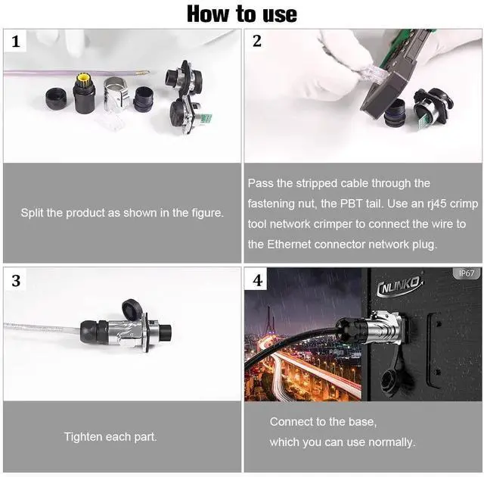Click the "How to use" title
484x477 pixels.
[242, 14]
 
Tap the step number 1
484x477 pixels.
[16, 42]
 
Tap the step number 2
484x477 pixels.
[257, 41]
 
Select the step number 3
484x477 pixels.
[16, 281]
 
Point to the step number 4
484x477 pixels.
[258, 280]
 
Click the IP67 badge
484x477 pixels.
[467, 273]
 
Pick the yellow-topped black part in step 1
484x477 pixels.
[83, 94]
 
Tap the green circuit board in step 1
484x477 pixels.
[205, 120]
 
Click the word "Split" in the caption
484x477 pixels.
[33, 213]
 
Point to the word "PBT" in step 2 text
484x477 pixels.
[351, 204]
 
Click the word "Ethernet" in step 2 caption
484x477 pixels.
[289, 245]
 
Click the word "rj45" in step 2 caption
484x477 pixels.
[437, 204]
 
